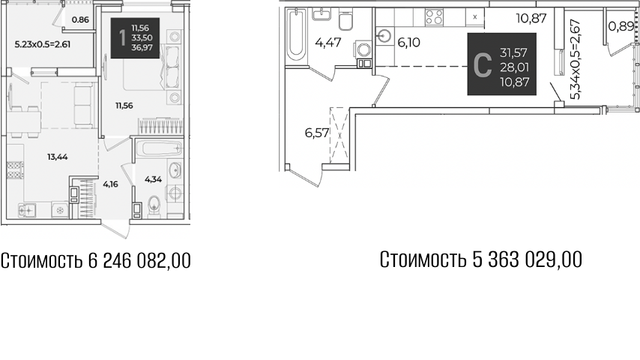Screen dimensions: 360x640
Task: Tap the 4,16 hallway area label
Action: click(110, 182)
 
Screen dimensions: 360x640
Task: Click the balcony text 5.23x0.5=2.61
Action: click(43, 44)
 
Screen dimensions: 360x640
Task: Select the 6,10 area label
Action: click(408, 43)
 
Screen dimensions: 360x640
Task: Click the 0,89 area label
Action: click(618, 27)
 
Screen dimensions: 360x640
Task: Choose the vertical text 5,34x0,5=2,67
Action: click(575, 60)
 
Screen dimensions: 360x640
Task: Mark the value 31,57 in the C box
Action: click(510, 52)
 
